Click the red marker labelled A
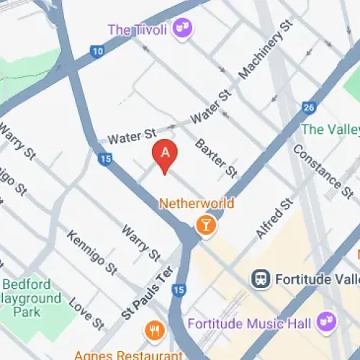165,155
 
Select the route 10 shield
96,51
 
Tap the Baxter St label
216,158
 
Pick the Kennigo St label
92,252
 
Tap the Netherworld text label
197,204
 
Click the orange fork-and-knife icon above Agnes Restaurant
154,330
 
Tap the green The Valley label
330,130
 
